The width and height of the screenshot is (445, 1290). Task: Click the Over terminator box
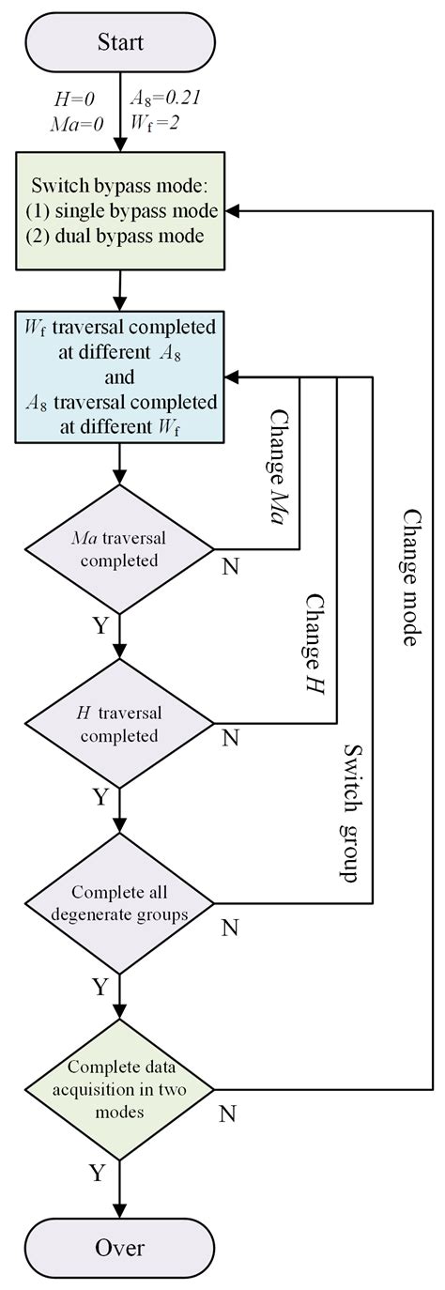[120, 1247]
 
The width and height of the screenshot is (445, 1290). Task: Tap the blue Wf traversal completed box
[120, 376]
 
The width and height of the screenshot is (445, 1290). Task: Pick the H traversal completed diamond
[120, 722]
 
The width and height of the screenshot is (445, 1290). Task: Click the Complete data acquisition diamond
[120, 1089]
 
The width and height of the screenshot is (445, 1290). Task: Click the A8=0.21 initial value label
[161, 98]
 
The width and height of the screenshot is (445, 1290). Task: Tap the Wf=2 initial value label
[156, 120]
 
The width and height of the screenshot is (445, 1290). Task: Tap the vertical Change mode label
[411, 577]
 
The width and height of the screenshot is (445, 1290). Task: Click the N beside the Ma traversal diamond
[230, 567]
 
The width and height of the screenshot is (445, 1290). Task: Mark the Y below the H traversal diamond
[99, 797]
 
